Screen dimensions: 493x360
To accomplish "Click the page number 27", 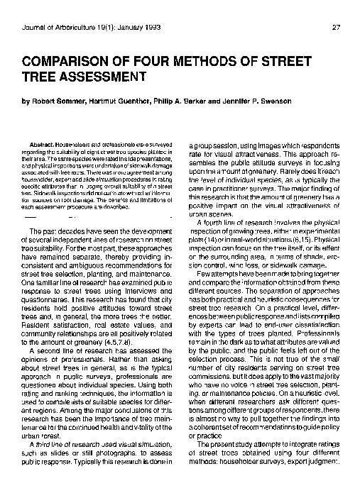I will tap(335, 28).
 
